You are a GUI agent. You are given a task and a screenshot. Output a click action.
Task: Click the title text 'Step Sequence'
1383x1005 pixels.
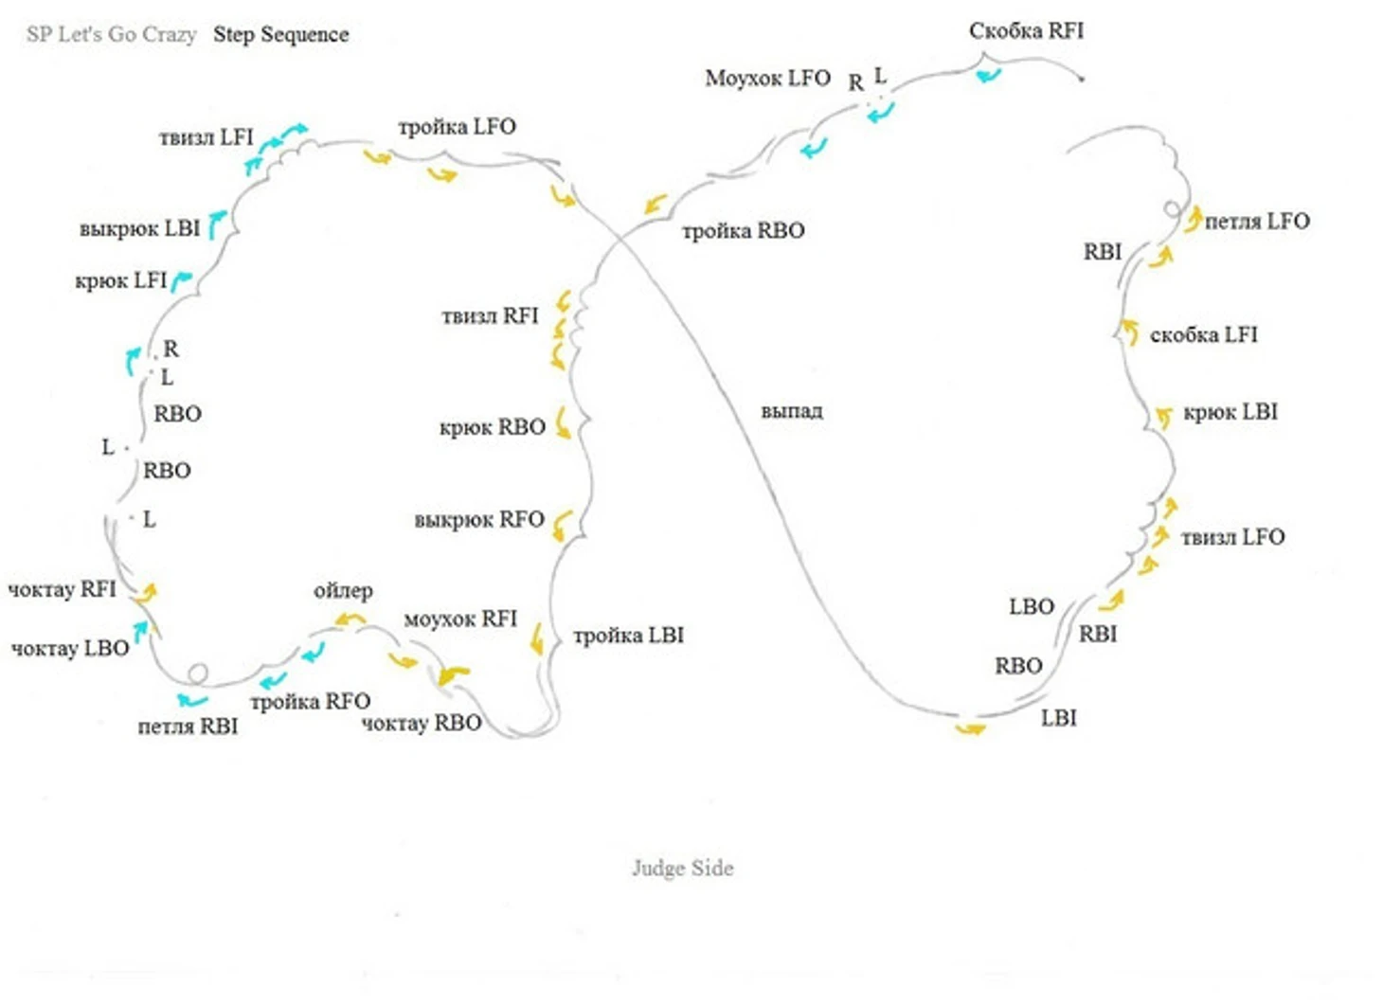pyautogui.click(x=281, y=35)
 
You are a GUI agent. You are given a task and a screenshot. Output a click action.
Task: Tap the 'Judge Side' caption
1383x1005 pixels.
pyautogui.click(x=683, y=868)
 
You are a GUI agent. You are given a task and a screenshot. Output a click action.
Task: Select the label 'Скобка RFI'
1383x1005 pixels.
pyautogui.click(x=1026, y=31)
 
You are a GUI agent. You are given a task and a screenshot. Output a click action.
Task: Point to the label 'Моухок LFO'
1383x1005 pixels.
pyautogui.click(x=768, y=79)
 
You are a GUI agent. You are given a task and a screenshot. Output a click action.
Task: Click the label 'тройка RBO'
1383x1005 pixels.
pyautogui.click(x=744, y=231)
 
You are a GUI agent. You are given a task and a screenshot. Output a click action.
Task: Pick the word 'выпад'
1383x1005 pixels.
pyautogui.click(x=792, y=411)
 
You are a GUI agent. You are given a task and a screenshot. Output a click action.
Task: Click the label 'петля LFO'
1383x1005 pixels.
pyautogui.click(x=1257, y=222)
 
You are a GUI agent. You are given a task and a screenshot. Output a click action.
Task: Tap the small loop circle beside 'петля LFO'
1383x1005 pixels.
pyautogui.click(x=1173, y=209)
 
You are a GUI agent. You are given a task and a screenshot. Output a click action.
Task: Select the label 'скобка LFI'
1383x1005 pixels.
pyautogui.click(x=1203, y=335)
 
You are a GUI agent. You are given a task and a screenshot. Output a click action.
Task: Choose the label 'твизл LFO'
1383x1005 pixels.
pyautogui.click(x=1233, y=537)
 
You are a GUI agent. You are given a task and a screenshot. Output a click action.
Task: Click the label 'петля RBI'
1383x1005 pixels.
pyautogui.click(x=188, y=727)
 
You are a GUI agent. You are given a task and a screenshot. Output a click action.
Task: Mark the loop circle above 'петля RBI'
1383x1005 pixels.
pyautogui.click(x=198, y=673)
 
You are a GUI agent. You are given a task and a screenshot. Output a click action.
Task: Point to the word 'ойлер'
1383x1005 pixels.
pyautogui.click(x=343, y=591)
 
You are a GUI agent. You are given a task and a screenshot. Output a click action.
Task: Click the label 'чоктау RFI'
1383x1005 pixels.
pyautogui.click(x=63, y=589)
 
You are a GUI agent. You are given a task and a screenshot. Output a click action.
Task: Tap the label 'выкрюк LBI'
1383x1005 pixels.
pyautogui.click(x=139, y=229)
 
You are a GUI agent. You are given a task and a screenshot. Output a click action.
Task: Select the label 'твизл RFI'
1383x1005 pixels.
pyautogui.click(x=490, y=316)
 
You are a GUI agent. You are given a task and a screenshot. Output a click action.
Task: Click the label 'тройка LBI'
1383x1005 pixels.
pyautogui.click(x=629, y=636)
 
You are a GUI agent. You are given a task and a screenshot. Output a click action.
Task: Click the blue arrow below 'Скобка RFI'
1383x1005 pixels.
pyautogui.click(x=988, y=76)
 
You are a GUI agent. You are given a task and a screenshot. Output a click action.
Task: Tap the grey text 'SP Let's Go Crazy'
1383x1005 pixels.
pyautogui.click(x=112, y=34)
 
